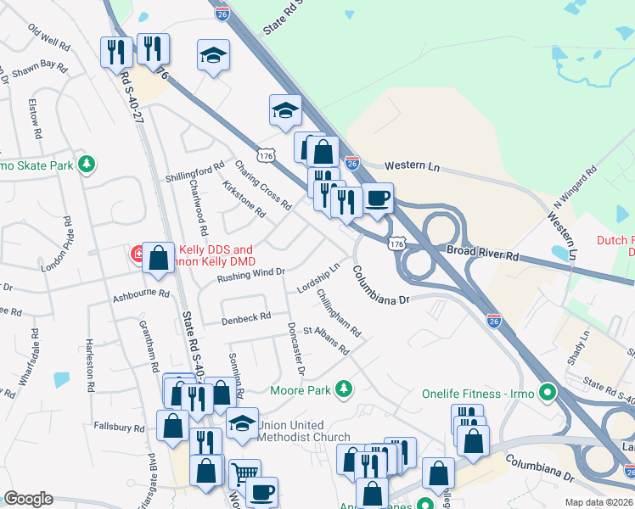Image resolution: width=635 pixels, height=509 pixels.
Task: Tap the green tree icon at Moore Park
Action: click(x=343, y=389)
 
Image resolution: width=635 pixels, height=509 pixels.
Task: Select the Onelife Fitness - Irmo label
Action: click(x=476, y=394)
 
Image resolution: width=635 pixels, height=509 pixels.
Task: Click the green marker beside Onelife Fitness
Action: click(x=548, y=394)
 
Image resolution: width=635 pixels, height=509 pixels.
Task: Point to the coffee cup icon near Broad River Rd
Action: click(x=378, y=199)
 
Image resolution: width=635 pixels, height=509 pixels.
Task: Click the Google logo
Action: click(x=28, y=499)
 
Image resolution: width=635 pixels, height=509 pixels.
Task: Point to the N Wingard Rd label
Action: click(x=575, y=192)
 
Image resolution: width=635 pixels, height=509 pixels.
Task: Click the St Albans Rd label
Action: click(x=326, y=340)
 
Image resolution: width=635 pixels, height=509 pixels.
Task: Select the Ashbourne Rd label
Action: click(x=141, y=297)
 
